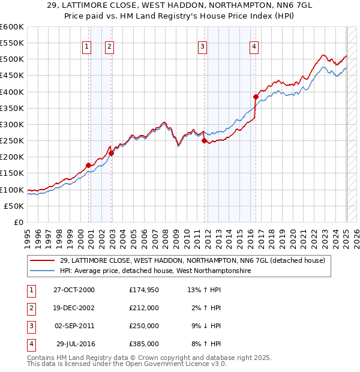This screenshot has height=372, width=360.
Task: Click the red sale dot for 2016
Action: pos(256,97)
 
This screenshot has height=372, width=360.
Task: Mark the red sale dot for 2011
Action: pos(204,141)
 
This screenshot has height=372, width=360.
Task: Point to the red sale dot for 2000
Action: pos(88,165)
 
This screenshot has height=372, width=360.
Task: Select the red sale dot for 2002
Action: pos(112,153)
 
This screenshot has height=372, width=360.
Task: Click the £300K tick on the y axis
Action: pos(12,124)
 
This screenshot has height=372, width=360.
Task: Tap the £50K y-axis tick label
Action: pos(14,206)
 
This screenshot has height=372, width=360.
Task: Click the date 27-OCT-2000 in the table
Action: pos(74,290)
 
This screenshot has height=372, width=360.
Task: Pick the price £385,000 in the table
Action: pos(144,344)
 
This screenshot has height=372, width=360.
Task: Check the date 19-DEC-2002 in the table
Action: pos(74,308)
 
